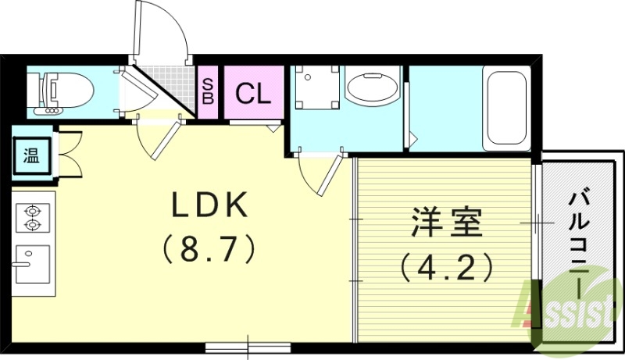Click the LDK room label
click(209, 205)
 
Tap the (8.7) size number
click(209, 250)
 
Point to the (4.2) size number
click(447, 268)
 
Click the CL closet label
click(253, 94)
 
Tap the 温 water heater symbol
click(30, 155)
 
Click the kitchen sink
click(33, 262)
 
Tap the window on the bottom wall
click(248, 345)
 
